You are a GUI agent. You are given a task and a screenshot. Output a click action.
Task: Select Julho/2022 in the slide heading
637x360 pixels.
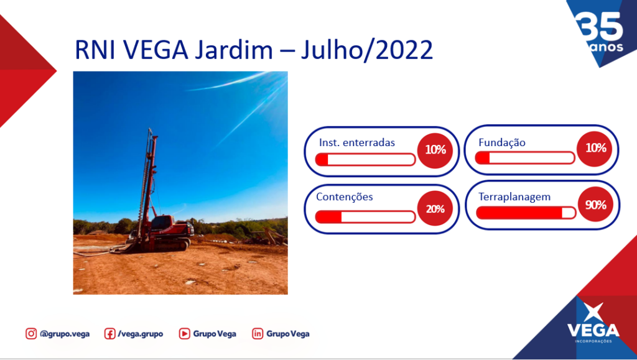click(367, 51)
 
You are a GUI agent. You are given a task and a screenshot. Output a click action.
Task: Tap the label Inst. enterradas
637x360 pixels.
click(356, 142)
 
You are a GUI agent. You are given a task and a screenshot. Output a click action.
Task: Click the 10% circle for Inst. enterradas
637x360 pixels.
click(435, 150)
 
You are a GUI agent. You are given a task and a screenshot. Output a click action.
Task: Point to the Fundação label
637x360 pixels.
click(502, 142)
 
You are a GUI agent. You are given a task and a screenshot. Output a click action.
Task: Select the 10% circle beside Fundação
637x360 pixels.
click(595, 149)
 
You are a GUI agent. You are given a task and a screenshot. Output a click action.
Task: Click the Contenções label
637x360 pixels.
click(345, 197)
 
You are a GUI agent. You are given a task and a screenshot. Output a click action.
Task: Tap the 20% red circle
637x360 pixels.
click(435, 209)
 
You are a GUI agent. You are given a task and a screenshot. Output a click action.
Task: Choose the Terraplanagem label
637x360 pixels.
click(514, 197)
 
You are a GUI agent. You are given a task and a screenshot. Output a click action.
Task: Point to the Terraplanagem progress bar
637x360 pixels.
click(526, 213)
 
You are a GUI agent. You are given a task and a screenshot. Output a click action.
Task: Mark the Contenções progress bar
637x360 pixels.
click(365, 217)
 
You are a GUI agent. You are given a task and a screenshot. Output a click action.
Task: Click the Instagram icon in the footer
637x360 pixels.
click(31, 334)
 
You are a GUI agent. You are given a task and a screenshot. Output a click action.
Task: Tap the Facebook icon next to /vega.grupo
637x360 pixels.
click(109, 334)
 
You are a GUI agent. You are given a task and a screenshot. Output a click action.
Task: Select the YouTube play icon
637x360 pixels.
click(184, 334)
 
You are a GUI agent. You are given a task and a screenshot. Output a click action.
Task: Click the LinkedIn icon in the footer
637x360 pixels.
click(258, 334)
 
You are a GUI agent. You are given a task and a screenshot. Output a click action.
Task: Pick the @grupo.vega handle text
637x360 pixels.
click(65, 334)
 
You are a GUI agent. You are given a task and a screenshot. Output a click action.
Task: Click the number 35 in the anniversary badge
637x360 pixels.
click(599, 26)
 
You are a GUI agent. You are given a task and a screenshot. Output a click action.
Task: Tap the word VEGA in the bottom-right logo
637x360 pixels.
click(593, 330)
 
